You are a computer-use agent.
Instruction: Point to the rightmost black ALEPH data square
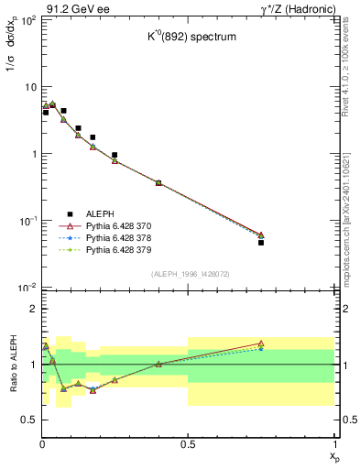[261, 243]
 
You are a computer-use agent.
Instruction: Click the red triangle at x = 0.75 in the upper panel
[261, 235]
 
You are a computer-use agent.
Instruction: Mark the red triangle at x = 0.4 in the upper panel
[158, 183]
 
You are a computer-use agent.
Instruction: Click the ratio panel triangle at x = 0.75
[261, 344]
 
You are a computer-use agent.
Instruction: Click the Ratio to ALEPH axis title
[13, 364]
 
